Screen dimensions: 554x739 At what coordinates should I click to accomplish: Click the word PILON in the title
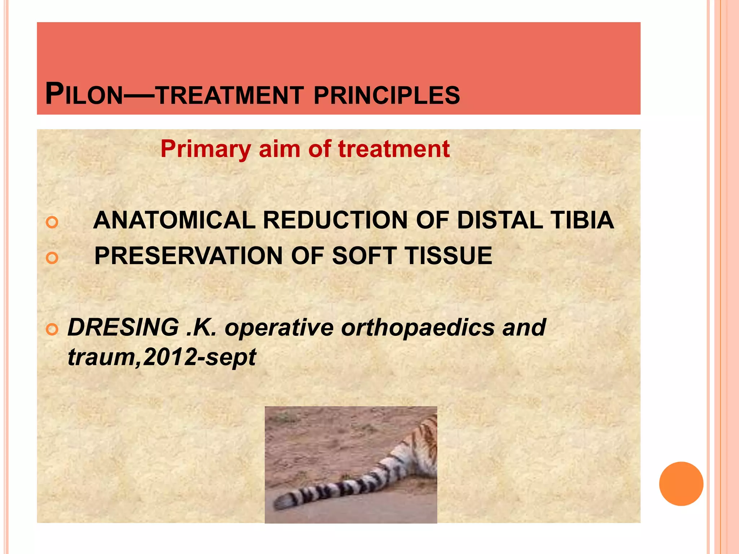(x=84, y=94)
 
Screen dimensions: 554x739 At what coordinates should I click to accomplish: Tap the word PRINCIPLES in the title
(x=387, y=96)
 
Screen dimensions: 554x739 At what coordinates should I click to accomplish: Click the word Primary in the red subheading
(x=206, y=149)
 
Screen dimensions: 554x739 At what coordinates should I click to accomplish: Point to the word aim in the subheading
(x=280, y=149)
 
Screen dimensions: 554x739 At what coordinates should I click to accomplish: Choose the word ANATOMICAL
(x=174, y=220)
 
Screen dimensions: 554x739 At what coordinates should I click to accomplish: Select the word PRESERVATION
(x=188, y=256)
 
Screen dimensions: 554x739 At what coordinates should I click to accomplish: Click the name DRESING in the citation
(x=123, y=327)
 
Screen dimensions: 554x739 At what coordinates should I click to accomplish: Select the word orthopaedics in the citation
(x=418, y=327)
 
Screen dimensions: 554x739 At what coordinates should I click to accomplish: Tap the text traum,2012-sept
(x=162, y=357)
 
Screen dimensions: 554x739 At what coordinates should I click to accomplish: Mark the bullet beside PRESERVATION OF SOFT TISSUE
(x=52, y=258)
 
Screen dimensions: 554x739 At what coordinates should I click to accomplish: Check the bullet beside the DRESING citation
(x=52, y=329)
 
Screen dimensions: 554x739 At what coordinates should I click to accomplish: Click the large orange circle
(x=681, y=484)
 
